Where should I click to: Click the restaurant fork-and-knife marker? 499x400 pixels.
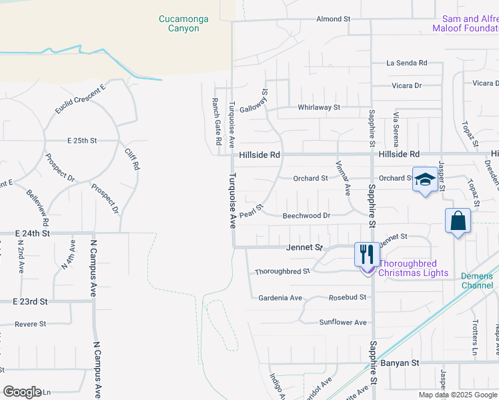(x=366, y=254)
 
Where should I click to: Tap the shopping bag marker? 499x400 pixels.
(x=458, y=221)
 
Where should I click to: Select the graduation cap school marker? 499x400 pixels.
(x=424, y=179)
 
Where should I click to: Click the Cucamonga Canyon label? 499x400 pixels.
(x=183, y=24)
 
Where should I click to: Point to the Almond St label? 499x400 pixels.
(x=334, y=19)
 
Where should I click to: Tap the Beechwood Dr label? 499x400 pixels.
(x=306, y=216)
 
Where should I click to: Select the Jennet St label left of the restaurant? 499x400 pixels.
(x=304, y=247)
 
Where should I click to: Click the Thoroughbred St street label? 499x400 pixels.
(x=283, y=271)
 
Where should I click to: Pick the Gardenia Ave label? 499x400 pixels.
(x=281, y=297)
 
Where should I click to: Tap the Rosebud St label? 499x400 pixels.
(x=348, y=297)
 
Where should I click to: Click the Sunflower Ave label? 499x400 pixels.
(x=343, y=323)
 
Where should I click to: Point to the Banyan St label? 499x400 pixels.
(x=400, y=363)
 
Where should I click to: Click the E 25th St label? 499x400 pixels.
(x=82, y=141)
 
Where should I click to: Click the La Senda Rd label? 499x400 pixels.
(x=407, y=63)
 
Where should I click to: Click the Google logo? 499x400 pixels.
(x=22, y=392)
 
